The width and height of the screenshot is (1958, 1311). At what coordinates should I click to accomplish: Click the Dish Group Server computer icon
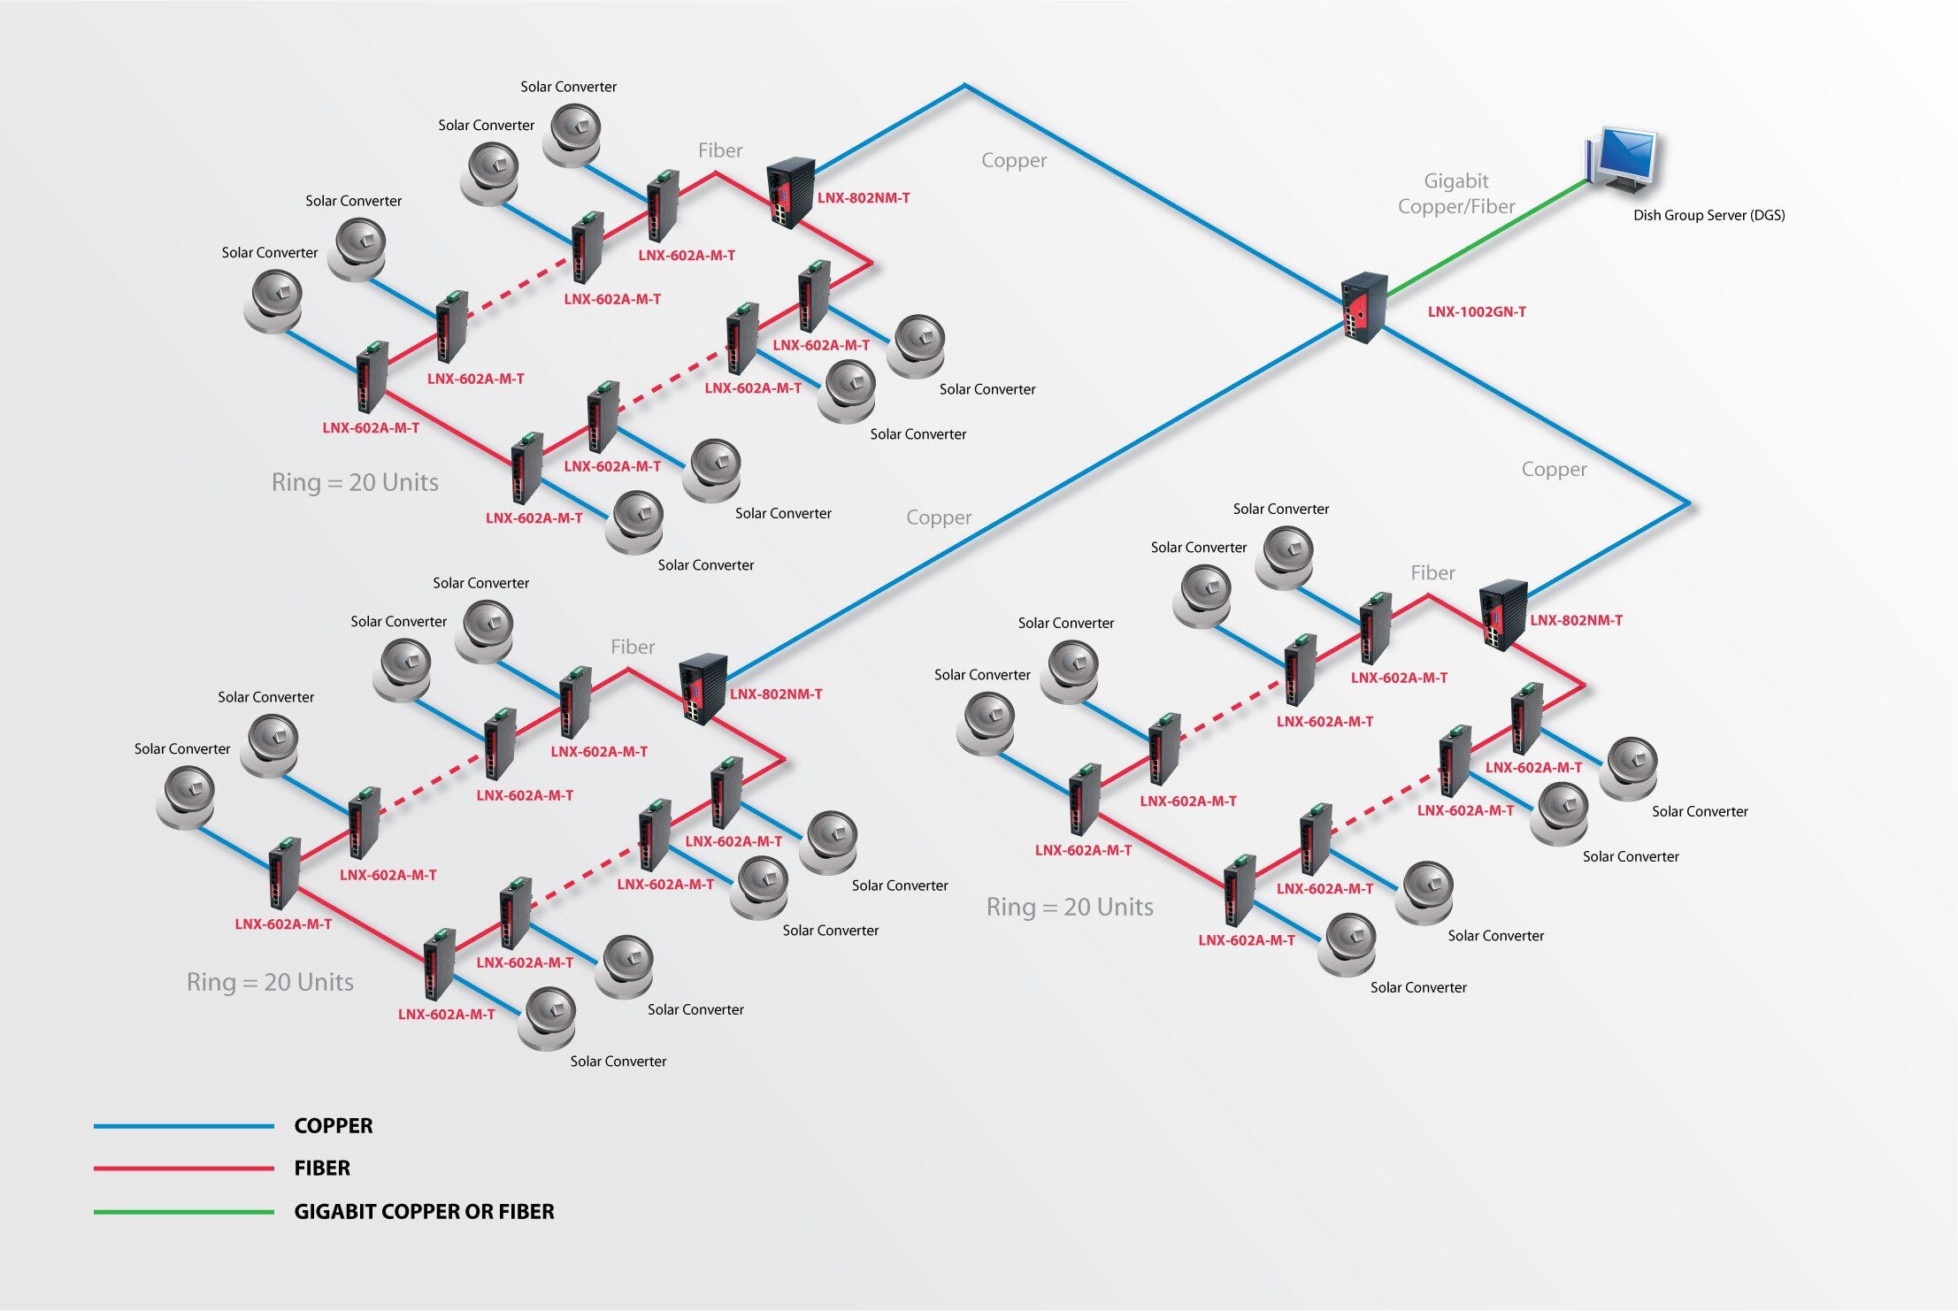point(1623,159)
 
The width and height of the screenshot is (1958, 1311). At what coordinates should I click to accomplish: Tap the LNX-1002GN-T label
point(1476,311)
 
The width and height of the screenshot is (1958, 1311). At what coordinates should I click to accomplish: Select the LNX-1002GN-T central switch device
point(1363,307)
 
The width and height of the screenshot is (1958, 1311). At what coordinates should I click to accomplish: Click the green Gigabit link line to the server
point(1486,238)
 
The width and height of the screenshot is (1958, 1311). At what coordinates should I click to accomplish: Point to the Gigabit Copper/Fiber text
point(1455,194)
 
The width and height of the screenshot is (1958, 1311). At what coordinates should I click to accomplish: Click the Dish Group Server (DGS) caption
point(1708,215)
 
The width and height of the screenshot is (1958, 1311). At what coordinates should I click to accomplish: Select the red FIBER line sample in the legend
point(183,1169)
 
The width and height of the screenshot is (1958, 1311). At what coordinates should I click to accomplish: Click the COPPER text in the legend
point(333,1126)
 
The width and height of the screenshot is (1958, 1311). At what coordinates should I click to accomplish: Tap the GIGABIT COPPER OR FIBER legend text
point(424,1212)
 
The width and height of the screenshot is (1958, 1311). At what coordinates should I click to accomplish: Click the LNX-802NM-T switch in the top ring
point(789,192)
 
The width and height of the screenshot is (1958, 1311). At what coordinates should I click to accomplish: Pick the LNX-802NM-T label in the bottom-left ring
point(775,694)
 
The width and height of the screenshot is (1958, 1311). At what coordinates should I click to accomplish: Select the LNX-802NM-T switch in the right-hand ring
point(1502,614)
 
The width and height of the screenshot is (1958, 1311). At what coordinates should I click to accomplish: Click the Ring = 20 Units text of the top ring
point(355,483)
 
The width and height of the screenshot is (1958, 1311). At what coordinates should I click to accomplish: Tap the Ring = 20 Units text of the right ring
point(1069,908)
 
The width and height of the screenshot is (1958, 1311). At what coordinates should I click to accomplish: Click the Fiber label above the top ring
point(719,151)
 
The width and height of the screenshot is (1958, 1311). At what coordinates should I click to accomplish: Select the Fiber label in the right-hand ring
point(1432,573)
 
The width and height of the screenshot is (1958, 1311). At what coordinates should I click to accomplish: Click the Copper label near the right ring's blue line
point(1553,470)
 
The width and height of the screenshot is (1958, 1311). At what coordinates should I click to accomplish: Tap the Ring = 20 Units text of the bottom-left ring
point(270,983)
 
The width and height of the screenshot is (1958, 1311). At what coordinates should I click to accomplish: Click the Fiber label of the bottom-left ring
point(632,648)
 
